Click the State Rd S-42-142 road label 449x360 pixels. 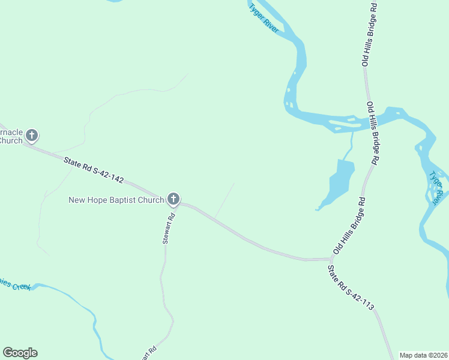94,170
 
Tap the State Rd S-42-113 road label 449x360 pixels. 351,288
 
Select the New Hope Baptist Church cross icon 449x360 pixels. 173,199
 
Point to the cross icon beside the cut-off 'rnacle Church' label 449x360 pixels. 32,135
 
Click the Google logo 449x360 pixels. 20,353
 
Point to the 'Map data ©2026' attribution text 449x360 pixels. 423,355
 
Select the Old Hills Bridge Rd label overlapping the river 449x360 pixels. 373,134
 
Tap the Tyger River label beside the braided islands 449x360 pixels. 438,186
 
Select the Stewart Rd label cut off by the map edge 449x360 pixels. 149,353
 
